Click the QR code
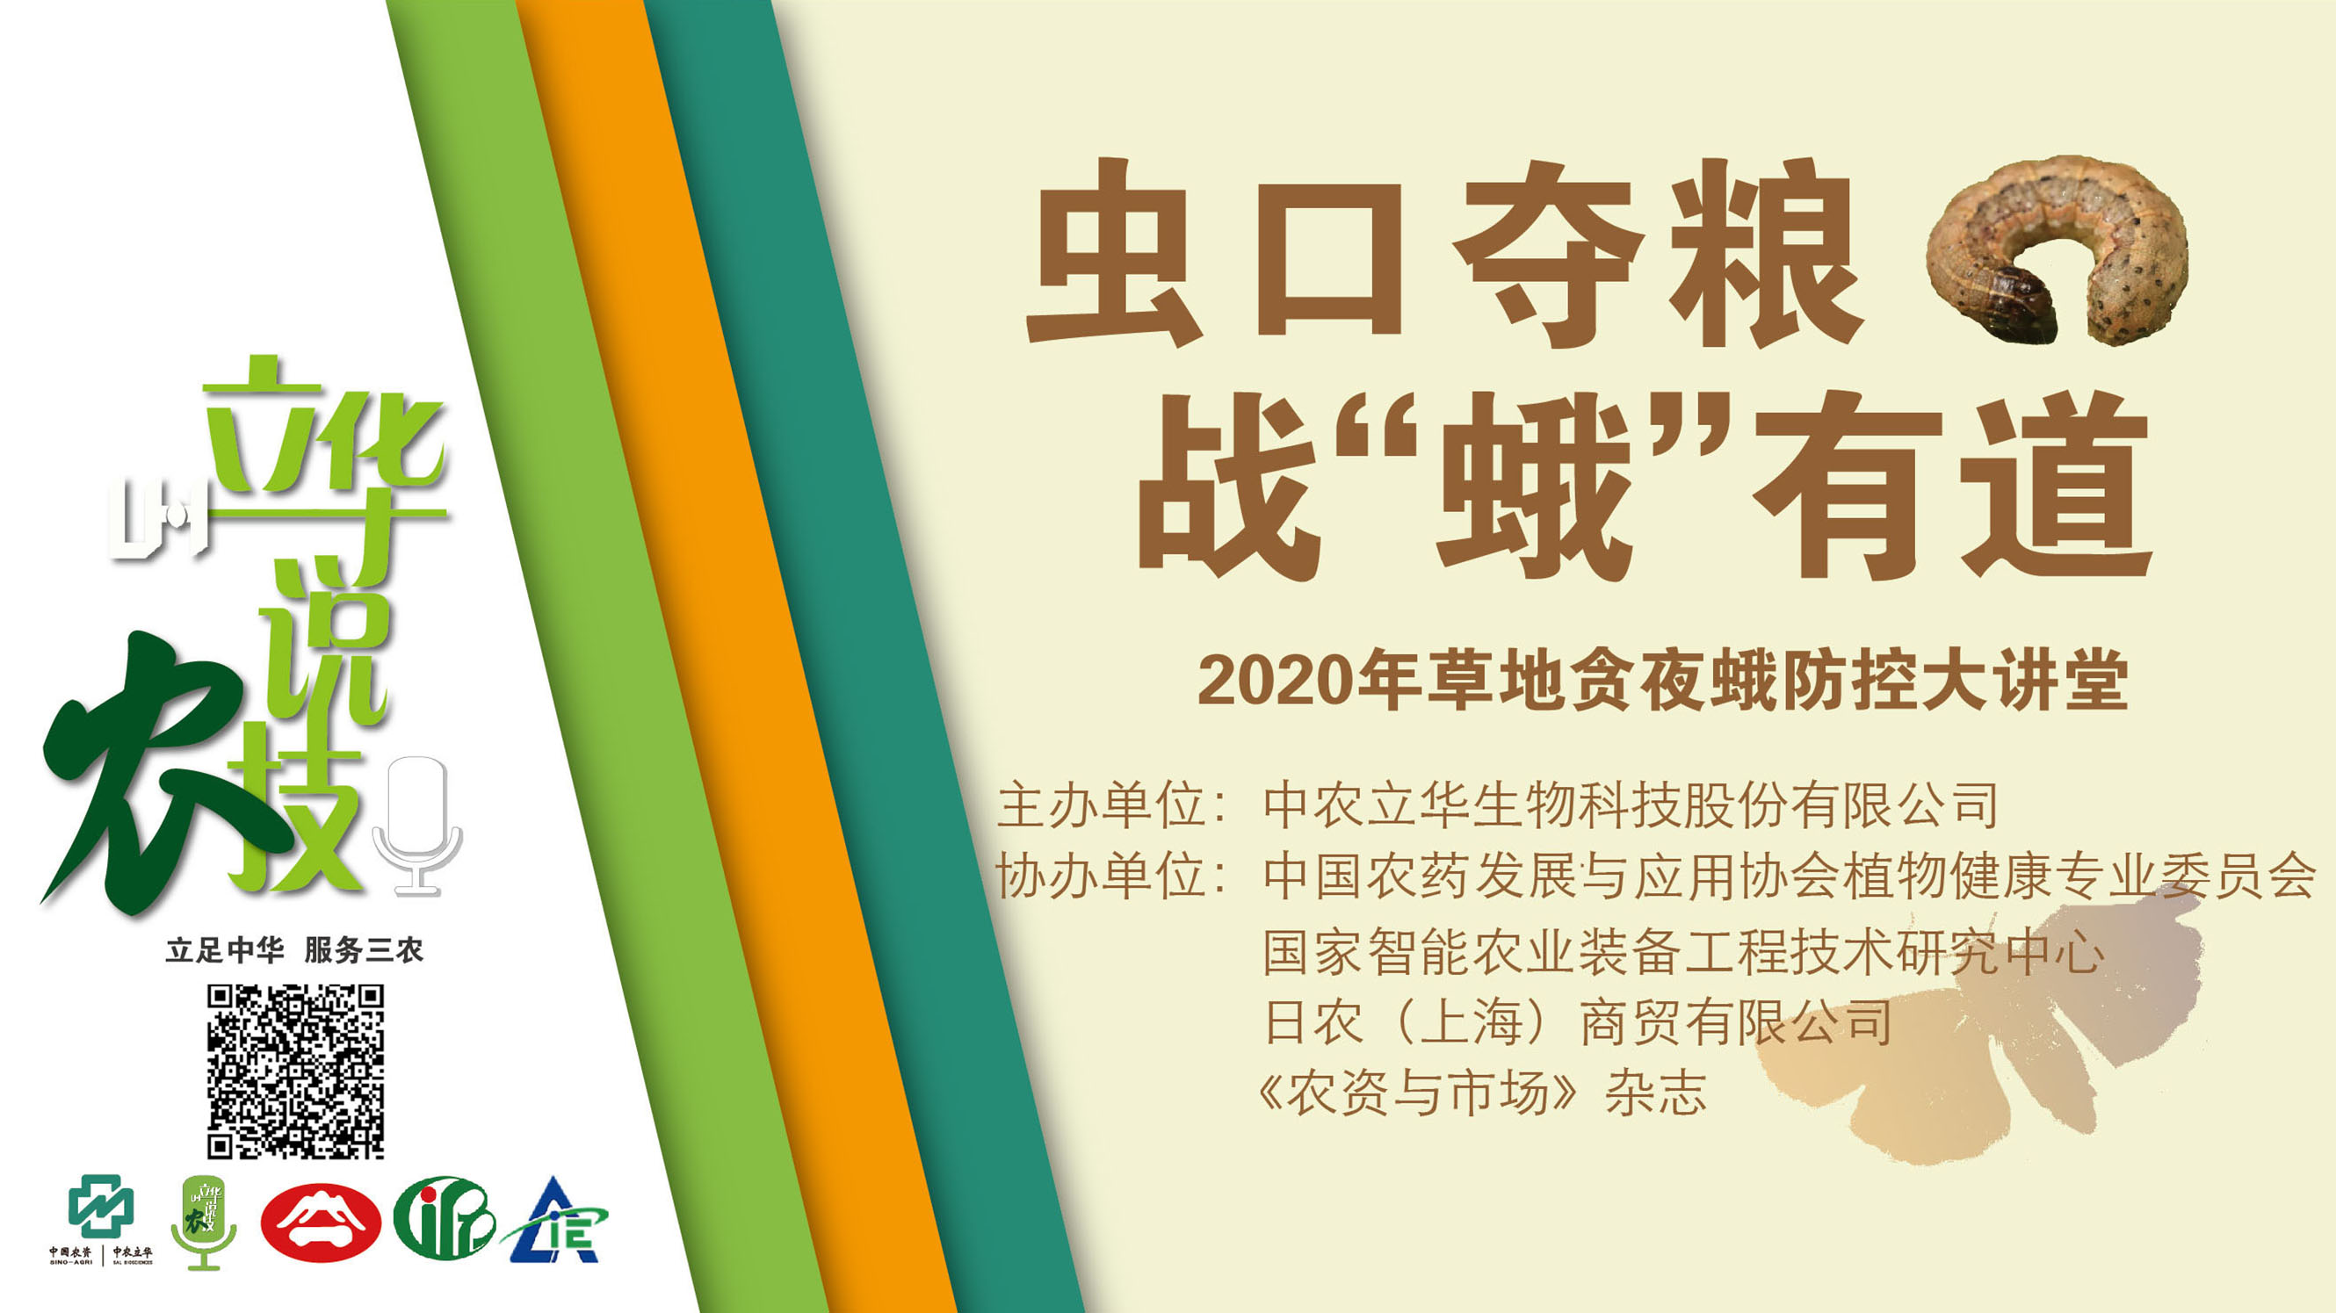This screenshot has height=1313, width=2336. (x=296, y=1071)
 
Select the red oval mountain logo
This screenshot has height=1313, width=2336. (x=321, y=1222)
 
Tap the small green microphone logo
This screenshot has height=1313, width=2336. (x=204, y=1222)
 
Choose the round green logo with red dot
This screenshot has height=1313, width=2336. (x=444, y=1218)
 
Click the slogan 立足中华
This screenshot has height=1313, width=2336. (x=225, y=950)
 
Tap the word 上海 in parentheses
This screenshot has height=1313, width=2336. (x=1470, y=1022)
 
